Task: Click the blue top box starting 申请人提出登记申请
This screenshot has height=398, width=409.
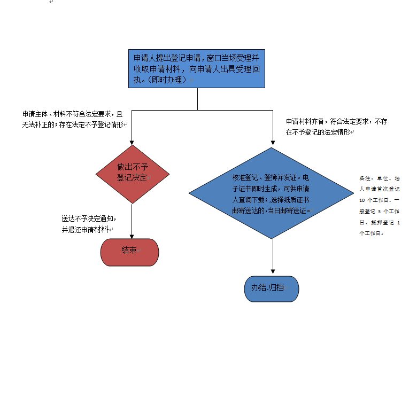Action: click(x=197, y=68)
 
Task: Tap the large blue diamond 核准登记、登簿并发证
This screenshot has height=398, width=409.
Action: click(x=273, y=193)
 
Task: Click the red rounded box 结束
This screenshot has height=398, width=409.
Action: click(x=129, y=252)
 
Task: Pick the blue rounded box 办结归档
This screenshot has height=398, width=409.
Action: click(x=272, y=288)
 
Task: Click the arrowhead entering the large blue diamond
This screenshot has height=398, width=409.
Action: click(x=273, y=143)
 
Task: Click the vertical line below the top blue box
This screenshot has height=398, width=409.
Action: click(x=198, y=99)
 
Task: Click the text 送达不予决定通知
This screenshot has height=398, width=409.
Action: click(x=88, y=219)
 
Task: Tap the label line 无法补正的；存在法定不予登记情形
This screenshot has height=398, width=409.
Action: click(x=73, y=124)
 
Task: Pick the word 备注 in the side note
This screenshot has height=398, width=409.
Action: click(x=365, y=178)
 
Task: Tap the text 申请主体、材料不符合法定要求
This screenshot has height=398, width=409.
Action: click(x=66, y=114)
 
